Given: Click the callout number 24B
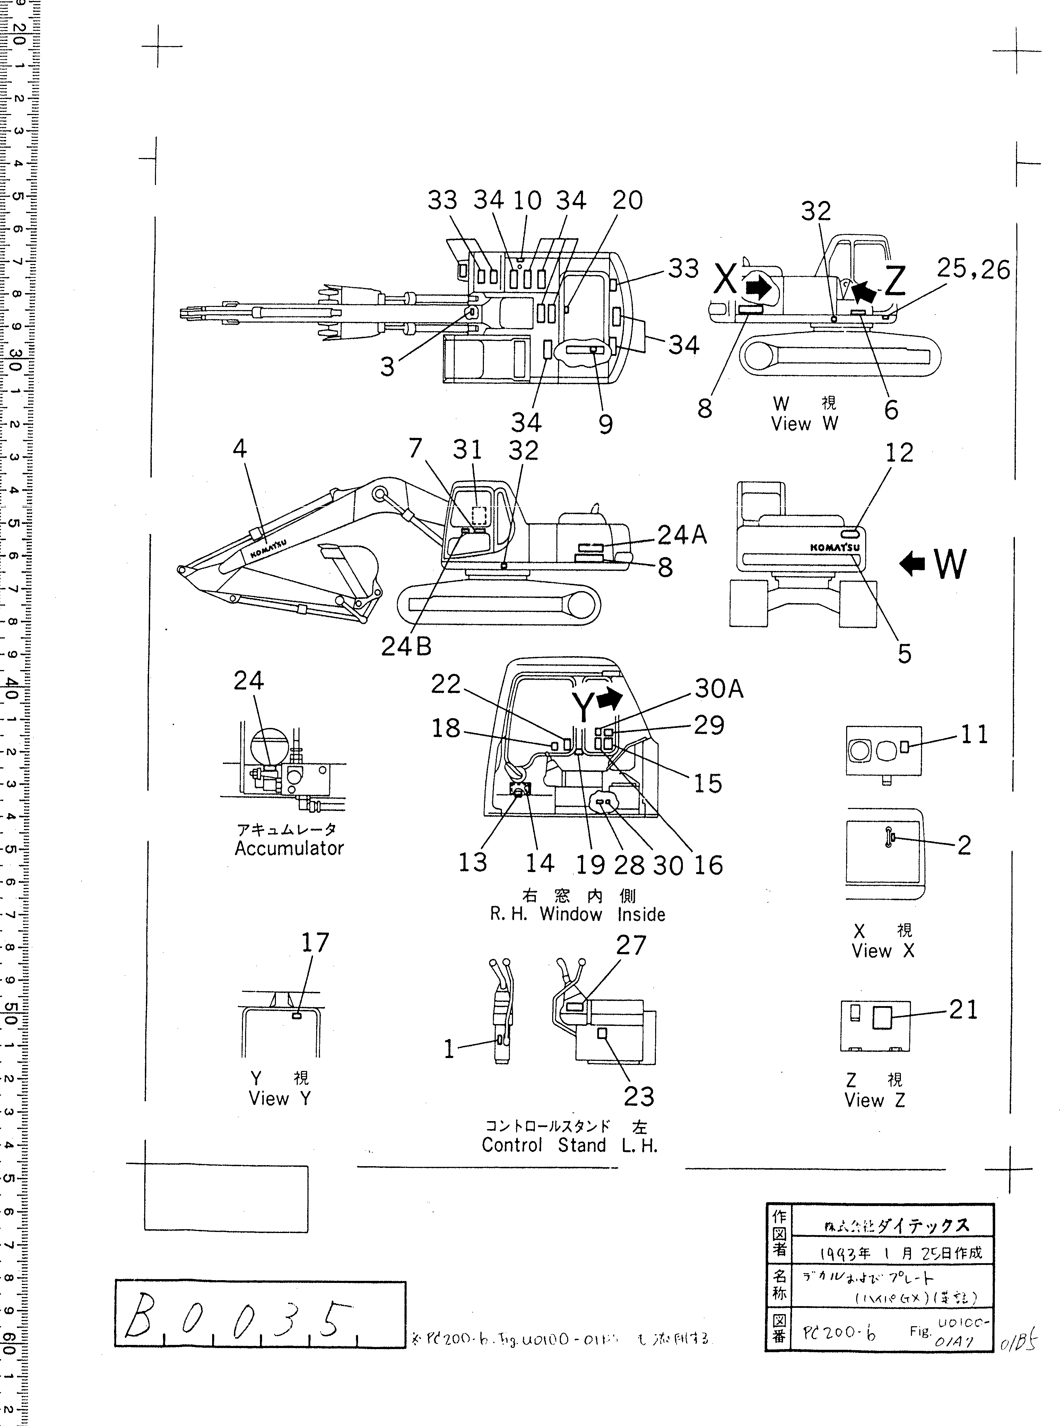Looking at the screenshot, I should (406, 647).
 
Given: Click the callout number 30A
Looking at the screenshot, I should (719, 689).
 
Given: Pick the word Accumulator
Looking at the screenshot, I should (289, 848).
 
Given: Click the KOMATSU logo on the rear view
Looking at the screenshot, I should (834, 548).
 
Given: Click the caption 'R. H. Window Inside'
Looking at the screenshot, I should (577, 914).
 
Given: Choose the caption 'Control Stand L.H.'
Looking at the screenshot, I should (570, 1145).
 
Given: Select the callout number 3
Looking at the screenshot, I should (387, 367).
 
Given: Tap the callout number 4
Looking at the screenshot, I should (239, 449).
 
